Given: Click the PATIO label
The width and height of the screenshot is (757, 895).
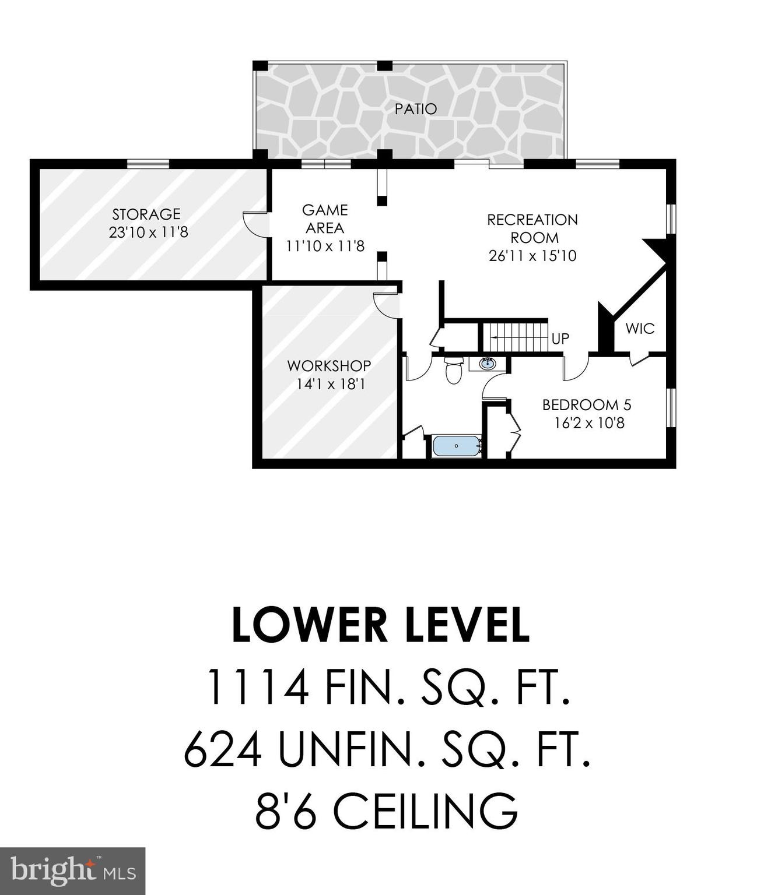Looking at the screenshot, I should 415,109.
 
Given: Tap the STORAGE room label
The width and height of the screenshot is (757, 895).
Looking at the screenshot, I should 146,214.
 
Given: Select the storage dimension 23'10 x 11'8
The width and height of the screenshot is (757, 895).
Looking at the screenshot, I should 148,232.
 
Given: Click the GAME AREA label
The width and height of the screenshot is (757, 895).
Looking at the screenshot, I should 325,219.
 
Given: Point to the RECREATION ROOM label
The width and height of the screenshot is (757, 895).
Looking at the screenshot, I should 532,228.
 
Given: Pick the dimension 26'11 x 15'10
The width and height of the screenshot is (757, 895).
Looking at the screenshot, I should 532,256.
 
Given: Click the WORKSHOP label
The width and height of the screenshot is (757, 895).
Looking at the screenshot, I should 329,366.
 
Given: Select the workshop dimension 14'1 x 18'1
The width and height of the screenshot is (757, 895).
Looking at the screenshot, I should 331,385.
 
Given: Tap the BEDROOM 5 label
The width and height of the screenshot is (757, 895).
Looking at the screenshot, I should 587,404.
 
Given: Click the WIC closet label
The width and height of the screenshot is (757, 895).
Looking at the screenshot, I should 640,329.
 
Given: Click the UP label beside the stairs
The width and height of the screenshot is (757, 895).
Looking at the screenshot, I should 560,339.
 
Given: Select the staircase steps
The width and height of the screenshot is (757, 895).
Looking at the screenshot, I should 515,337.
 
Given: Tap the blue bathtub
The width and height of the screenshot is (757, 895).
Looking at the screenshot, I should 456,446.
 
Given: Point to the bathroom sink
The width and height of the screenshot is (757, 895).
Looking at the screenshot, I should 488,364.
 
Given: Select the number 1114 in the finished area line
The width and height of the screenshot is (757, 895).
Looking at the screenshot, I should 258,687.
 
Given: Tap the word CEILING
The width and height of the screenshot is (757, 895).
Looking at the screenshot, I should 426,811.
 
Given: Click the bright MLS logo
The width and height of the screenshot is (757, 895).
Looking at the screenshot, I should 72,871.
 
